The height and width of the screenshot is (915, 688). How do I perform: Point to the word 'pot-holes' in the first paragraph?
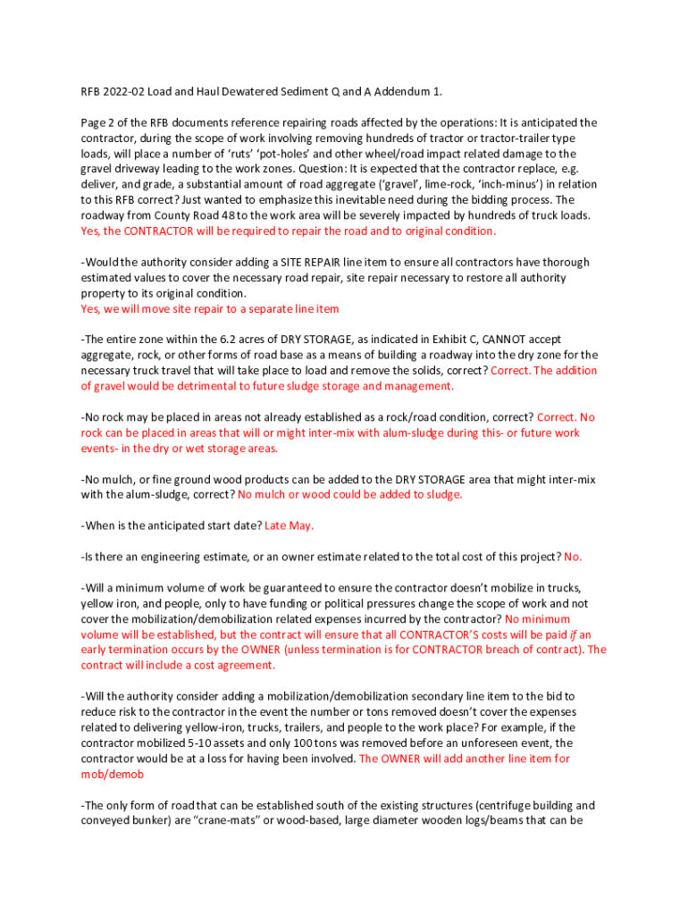254,139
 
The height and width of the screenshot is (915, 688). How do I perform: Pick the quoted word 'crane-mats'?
236,820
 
